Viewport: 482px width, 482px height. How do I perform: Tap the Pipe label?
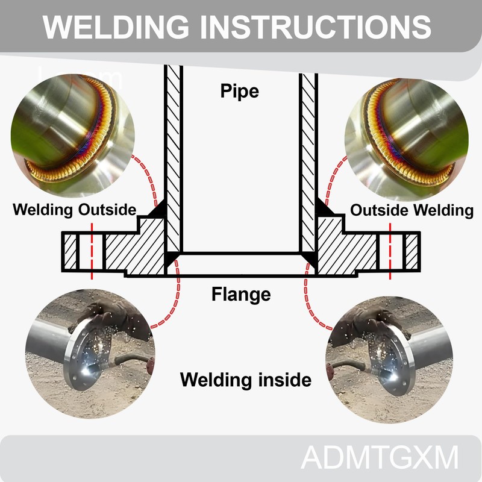[239, 91]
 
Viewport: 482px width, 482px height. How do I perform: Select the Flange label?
[241, 295]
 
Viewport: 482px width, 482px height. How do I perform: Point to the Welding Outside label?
[75, 210]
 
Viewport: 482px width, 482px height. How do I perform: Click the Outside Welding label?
[412, 210]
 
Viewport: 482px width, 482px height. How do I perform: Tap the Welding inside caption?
[246, 380]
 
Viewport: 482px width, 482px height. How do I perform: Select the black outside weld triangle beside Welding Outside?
[158, 210]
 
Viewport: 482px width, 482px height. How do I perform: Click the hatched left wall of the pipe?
[173, 151]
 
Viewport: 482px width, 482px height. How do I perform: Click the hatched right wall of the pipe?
[308, 151]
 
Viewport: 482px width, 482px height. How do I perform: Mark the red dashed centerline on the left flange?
[92, 250]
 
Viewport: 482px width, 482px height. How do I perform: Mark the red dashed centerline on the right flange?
[390, 250]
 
